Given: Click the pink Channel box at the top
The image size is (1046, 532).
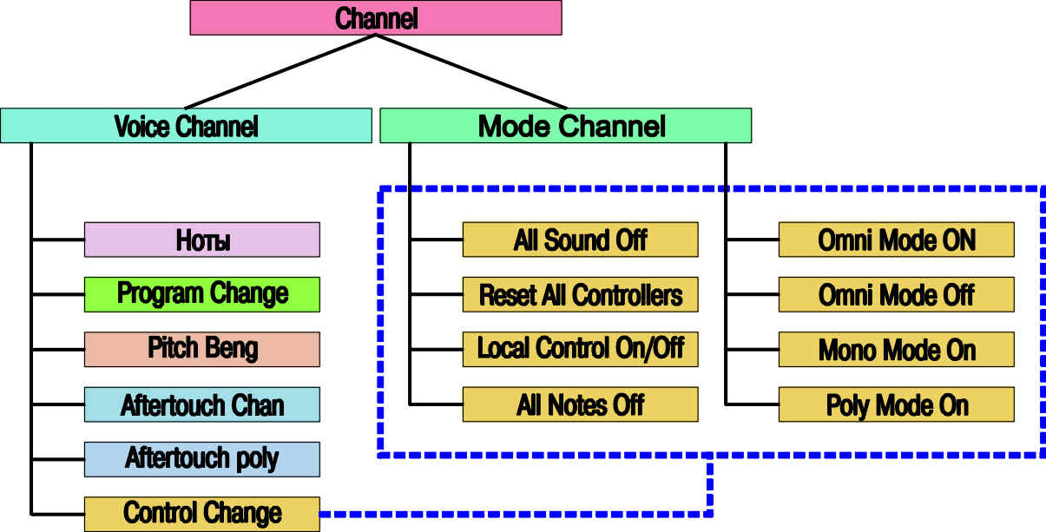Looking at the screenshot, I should point(375,17).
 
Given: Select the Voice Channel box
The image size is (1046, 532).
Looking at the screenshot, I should point(186,126).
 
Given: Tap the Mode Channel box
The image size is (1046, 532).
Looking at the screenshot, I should point(565,126).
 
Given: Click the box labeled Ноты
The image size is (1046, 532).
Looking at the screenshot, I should point(201,240).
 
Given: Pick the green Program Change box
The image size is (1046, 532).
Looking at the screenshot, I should point(201,294).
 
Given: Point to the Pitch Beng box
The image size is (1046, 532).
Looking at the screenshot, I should point(201,349).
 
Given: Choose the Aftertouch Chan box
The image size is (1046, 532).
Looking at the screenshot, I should point(201,404).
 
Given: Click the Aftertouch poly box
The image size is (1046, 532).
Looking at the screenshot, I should point(201,459).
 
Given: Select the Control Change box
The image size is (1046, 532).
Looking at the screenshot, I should point(201,513).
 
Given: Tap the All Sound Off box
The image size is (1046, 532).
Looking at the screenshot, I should point(580,240).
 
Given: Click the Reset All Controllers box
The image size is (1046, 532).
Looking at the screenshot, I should point(580,295).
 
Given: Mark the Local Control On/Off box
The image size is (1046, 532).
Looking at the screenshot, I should point(580,349).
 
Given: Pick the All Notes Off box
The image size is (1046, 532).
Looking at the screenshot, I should point(580,404).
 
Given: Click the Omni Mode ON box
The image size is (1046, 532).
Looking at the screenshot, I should point(896,240).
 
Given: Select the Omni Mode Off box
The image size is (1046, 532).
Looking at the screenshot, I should point(896,295).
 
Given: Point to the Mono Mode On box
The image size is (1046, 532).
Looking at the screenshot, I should point(896,350).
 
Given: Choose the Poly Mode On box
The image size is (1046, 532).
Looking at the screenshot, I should point(896,404).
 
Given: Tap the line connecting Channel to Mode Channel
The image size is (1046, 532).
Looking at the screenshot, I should point(469,71).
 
